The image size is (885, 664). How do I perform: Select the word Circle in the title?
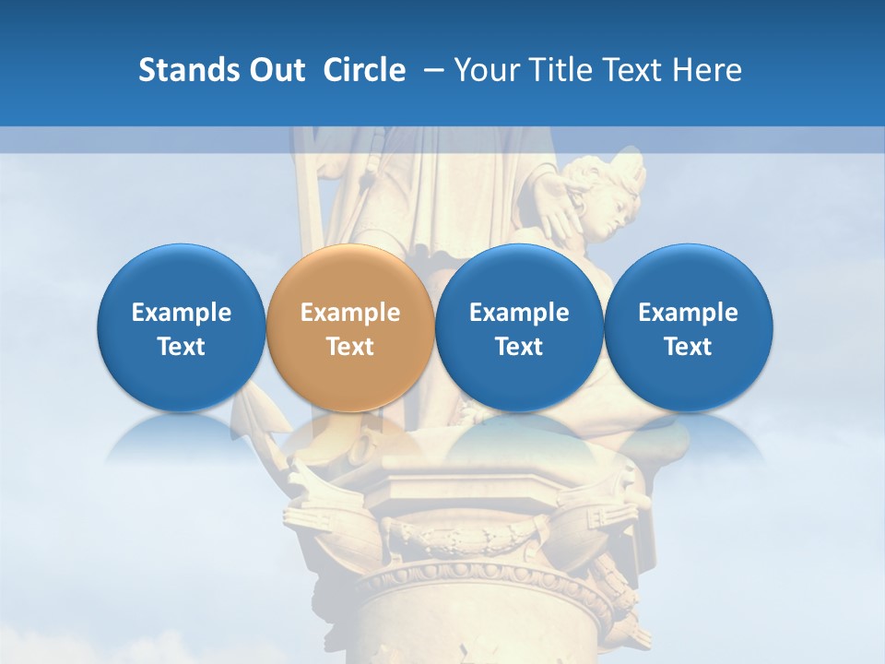pyautogui.click(x=364, y=70)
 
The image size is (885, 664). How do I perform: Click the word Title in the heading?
pyautogui.click(x=562, y=70)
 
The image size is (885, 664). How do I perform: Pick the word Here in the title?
pyautogui.click(x=706, y=70)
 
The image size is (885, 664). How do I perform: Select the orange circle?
pyautogui.click(x=350, y=328)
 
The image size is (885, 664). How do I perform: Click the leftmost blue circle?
pyautogui.click(x=182, y=328)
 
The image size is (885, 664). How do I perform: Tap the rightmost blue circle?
pyautogui.click(x=689, y=328)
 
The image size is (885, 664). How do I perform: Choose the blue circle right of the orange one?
pyautogui.click(x=519, y=328)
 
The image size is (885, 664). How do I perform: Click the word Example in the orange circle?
pyautogui.click(x=350, y=313)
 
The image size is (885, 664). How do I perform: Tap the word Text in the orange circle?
pyautogui.click(x=350, y=347)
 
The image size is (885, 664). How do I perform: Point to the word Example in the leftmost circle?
pyautogui.click(x=182, y=313)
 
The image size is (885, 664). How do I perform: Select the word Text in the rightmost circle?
pyautogui.click(x=689, y=347)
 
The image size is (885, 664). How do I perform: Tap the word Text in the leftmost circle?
pyautogui.click(x=182, y=347)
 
